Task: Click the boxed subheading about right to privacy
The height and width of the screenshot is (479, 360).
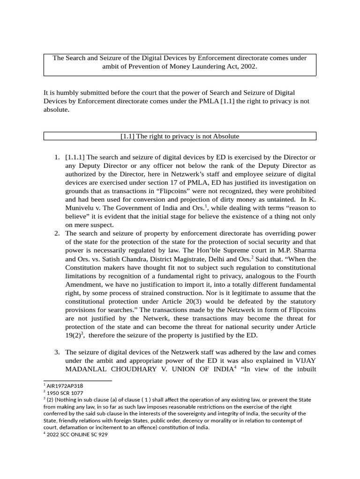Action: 180,136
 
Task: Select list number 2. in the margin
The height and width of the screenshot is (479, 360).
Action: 57,233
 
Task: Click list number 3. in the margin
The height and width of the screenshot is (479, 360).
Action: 57,352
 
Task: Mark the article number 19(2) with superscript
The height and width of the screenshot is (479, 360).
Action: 74,335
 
